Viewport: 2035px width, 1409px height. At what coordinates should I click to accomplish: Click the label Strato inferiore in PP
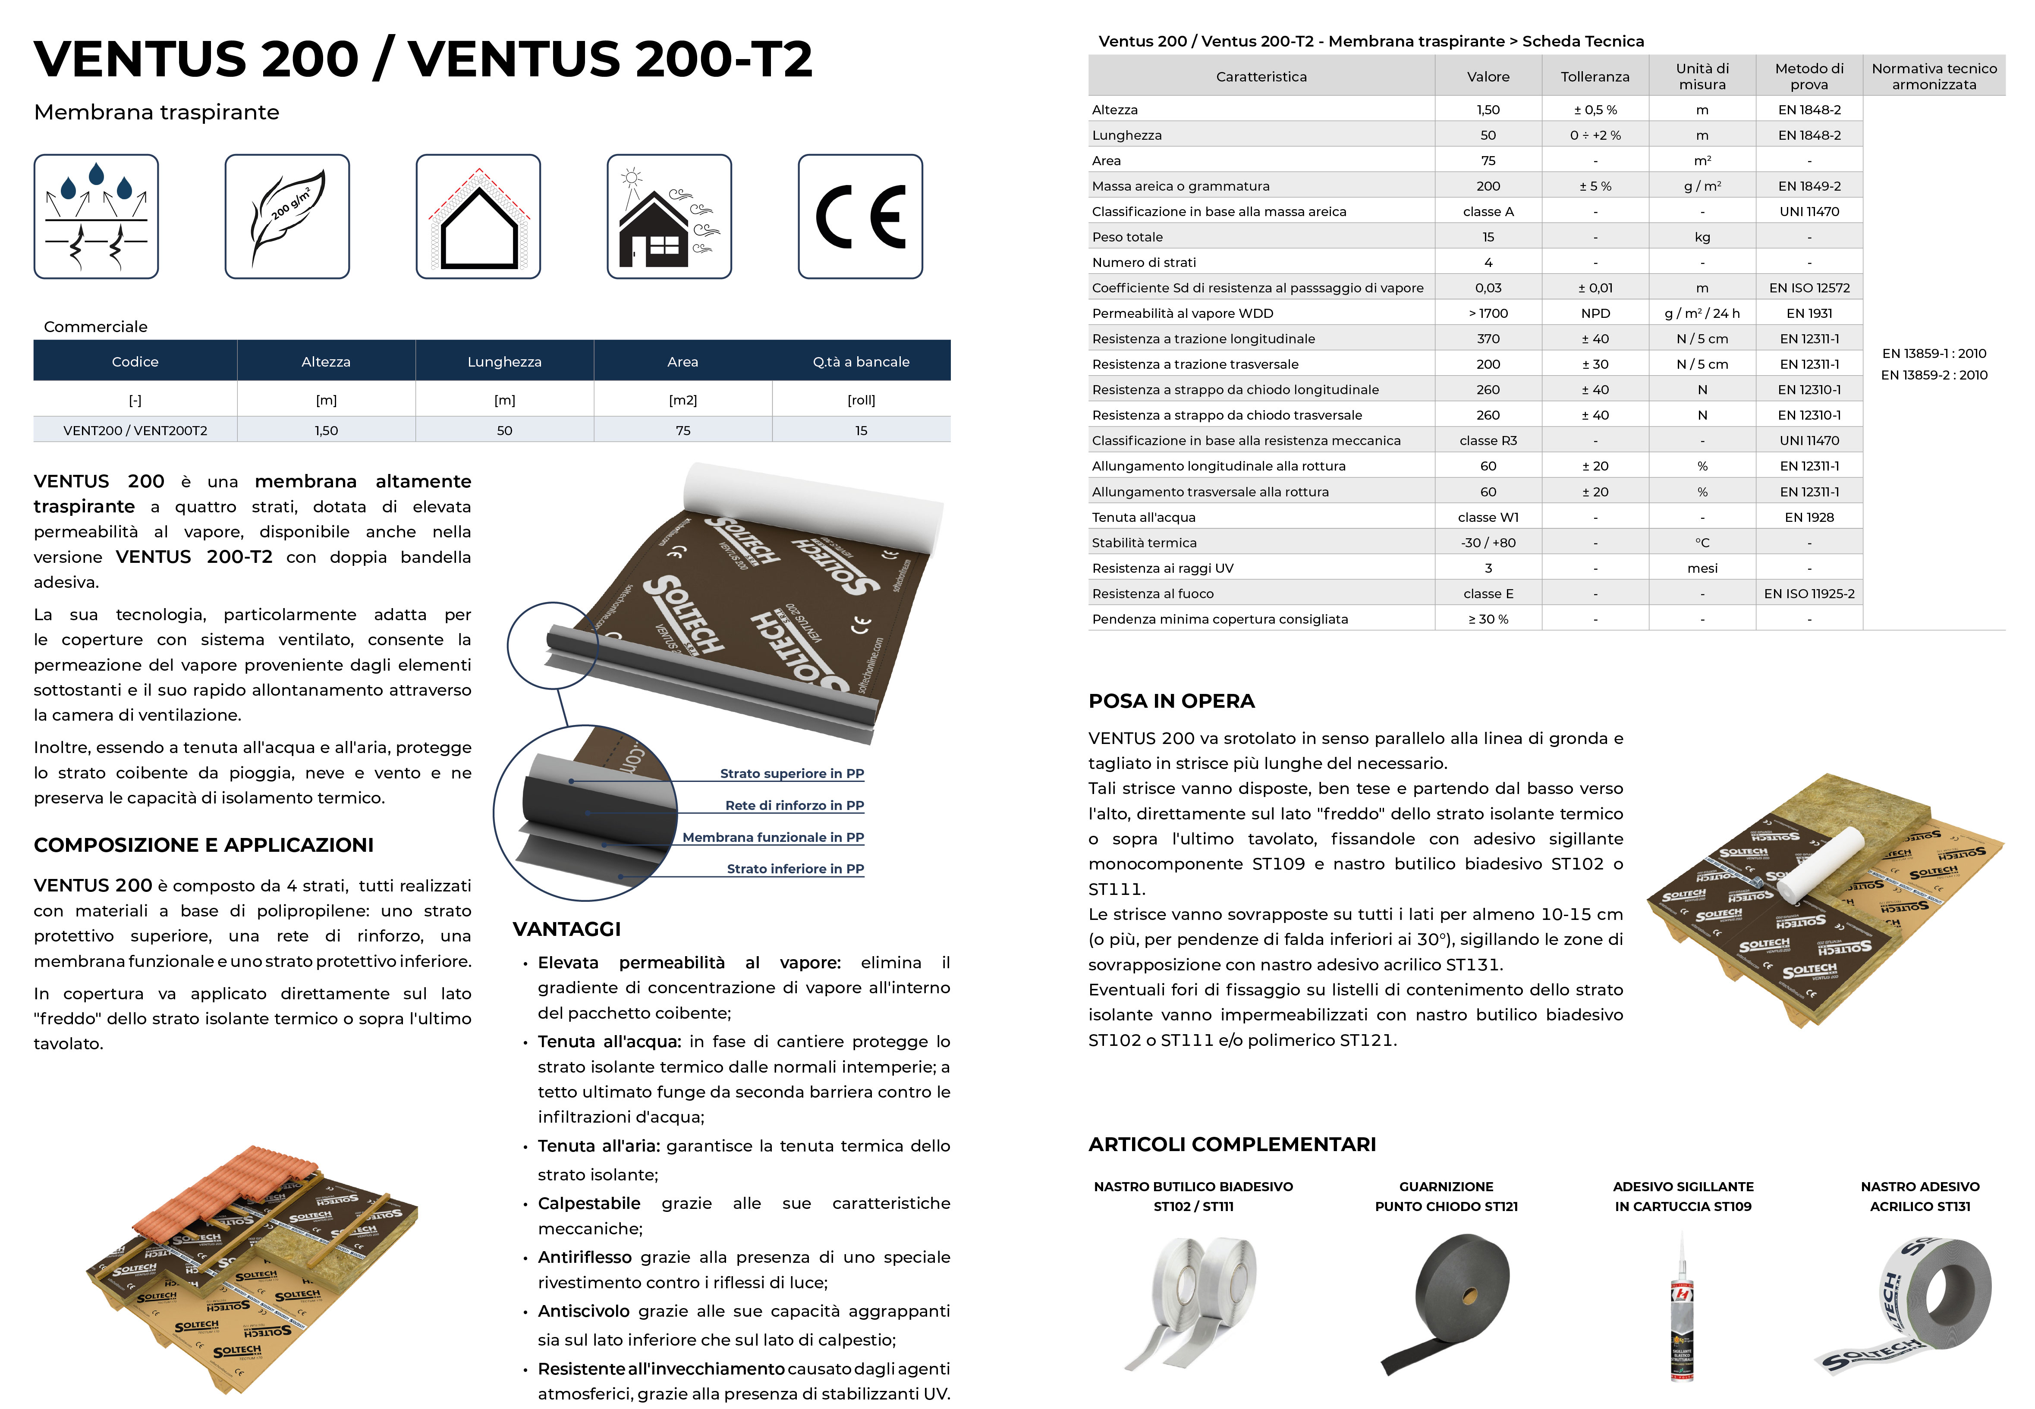(795, 869)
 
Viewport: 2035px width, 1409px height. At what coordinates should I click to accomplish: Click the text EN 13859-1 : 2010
(1934, 353)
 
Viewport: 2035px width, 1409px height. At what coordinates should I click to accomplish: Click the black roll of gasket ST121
(1452, 1298)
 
